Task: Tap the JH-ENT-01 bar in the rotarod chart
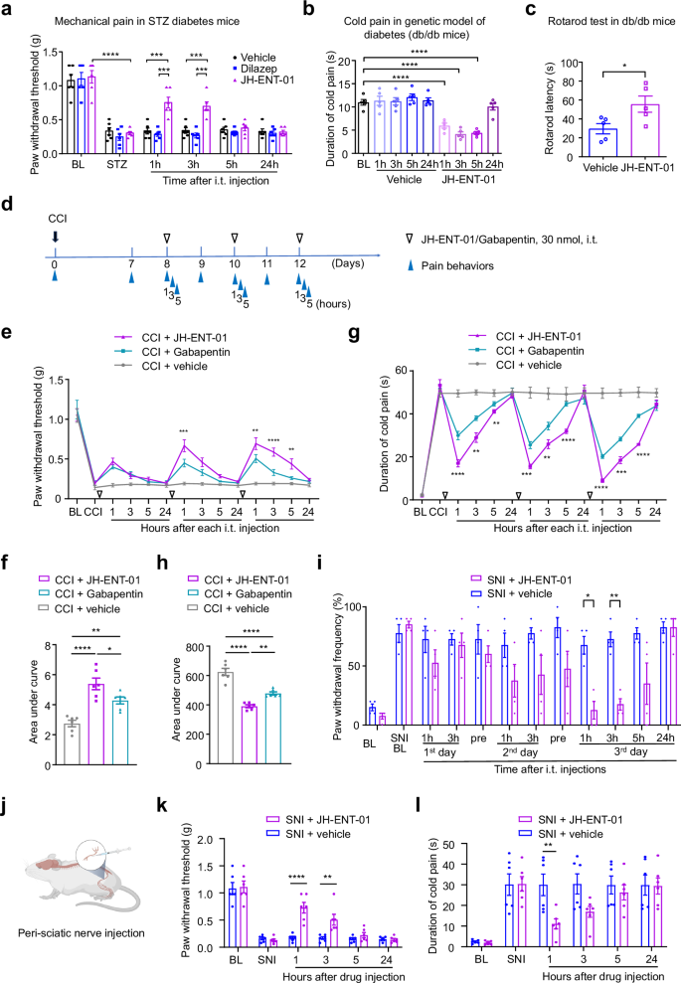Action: (x=623, y=130)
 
